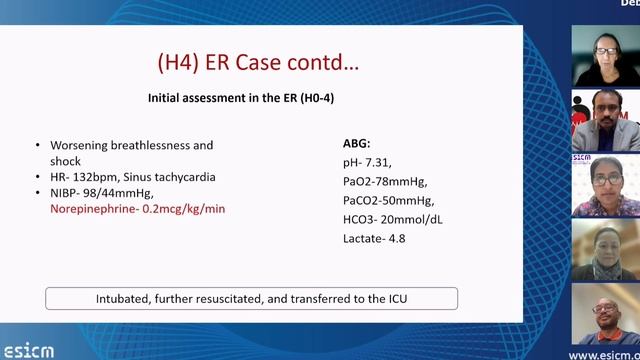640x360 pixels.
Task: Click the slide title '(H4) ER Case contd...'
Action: coord(258,62)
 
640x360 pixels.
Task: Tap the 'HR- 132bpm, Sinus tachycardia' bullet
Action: coord(132,177)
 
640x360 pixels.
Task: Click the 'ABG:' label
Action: coord(357,143)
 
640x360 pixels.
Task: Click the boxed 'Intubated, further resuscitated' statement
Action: coord(251,298)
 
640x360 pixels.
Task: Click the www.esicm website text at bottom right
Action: coord(603,354)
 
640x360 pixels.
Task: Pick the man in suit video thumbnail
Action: coord(605,120)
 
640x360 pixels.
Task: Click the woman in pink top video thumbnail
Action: coord(605,185)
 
